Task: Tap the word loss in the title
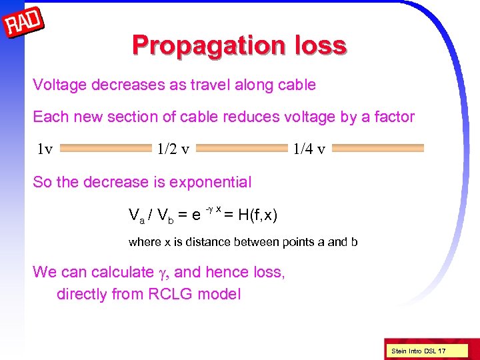(x=319, y=45)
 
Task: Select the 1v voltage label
(x=45, y=148)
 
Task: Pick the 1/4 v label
(x=309, y=148)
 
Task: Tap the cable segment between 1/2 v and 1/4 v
(x=243, y=148)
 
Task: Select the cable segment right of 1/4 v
(x=377, y=148)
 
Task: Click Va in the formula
(x=136, y=215)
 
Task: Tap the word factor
(x=394, y=117)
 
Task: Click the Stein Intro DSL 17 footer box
(x=419, y=351)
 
